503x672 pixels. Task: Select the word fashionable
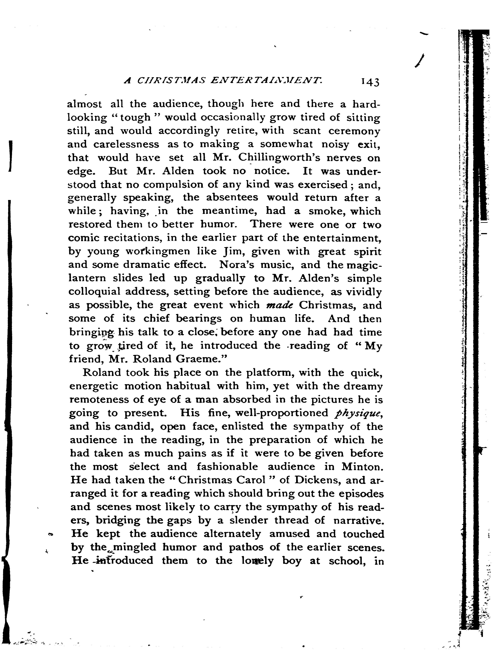point(227,467)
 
